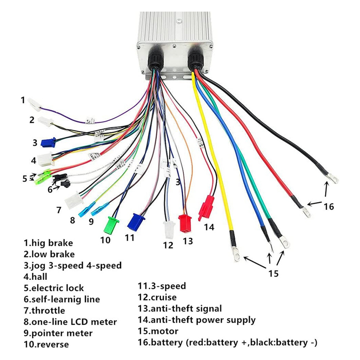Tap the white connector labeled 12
(x=168, y=229)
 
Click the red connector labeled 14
(x=208, y=206)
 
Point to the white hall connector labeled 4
(x=45, y=159)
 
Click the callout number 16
(x=328, y=207)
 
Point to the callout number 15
(x=274, y=273)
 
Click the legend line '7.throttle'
(x=45, y=310)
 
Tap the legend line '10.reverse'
(x=46, y=345)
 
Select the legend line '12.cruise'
(x=157, y=297)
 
